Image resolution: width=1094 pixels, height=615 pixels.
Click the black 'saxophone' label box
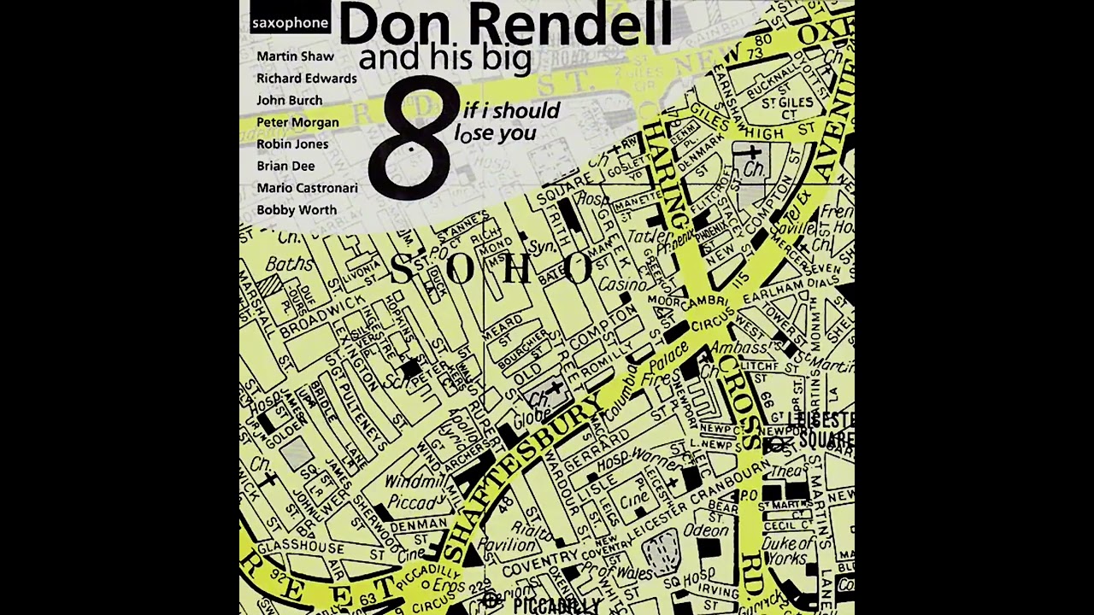pos(290,23)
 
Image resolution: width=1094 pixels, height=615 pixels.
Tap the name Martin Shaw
pos(295,56)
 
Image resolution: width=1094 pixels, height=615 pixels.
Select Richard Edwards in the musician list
pos(306,79)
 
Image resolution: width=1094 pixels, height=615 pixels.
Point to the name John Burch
pos(289,100)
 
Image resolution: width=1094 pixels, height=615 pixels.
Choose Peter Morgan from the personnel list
pos(297,122)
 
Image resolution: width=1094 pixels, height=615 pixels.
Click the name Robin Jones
pos(292,143)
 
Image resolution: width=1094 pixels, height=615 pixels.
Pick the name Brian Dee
pos(285,166)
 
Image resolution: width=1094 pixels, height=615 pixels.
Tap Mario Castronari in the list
pos(307,188)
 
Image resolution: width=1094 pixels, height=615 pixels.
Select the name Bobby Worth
pos(297,210)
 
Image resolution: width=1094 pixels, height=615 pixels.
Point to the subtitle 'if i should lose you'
pos(509,122)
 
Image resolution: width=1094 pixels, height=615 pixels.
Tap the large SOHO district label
pos(491,269)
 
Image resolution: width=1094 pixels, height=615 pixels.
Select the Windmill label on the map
pos(411,482)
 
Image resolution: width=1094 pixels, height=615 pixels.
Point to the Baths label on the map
pos(289,264)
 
